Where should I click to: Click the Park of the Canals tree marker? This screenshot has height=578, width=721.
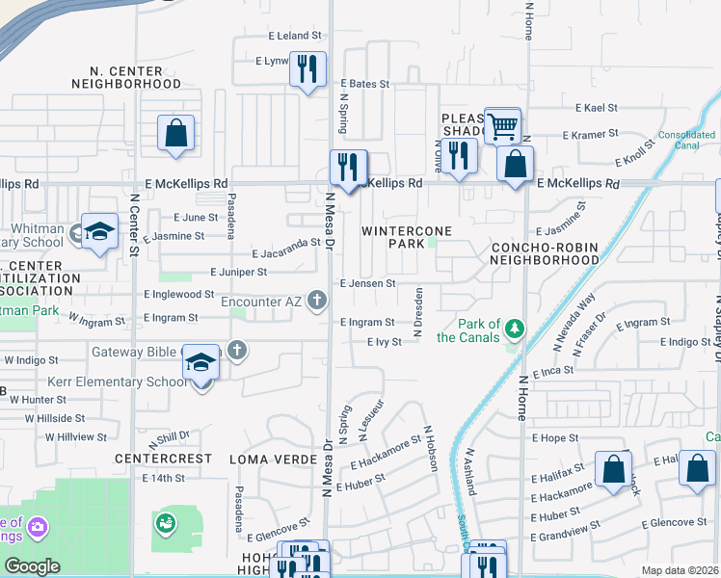click(x=516, y=330)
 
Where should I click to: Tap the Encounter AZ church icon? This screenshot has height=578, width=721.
click(x=316, y=302)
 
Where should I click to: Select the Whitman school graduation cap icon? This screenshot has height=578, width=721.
click(x=98, y=231)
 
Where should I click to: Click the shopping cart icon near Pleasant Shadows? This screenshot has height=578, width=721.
click(x=502, y=124)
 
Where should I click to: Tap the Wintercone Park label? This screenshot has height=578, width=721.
click(x=393, y=237)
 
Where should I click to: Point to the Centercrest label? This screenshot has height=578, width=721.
click(x=163, y=459)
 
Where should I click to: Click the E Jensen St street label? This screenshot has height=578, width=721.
click(x=367, y=283)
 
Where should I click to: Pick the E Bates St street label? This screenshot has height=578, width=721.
click(x=363, y=85)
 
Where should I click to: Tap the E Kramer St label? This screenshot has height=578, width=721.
click(x=595, y=133)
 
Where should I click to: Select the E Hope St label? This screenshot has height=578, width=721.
click(x=554, y=437)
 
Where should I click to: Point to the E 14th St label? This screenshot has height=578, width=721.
click(x=163, y=478)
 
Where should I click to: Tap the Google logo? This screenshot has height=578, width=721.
click(x=32, y=565)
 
